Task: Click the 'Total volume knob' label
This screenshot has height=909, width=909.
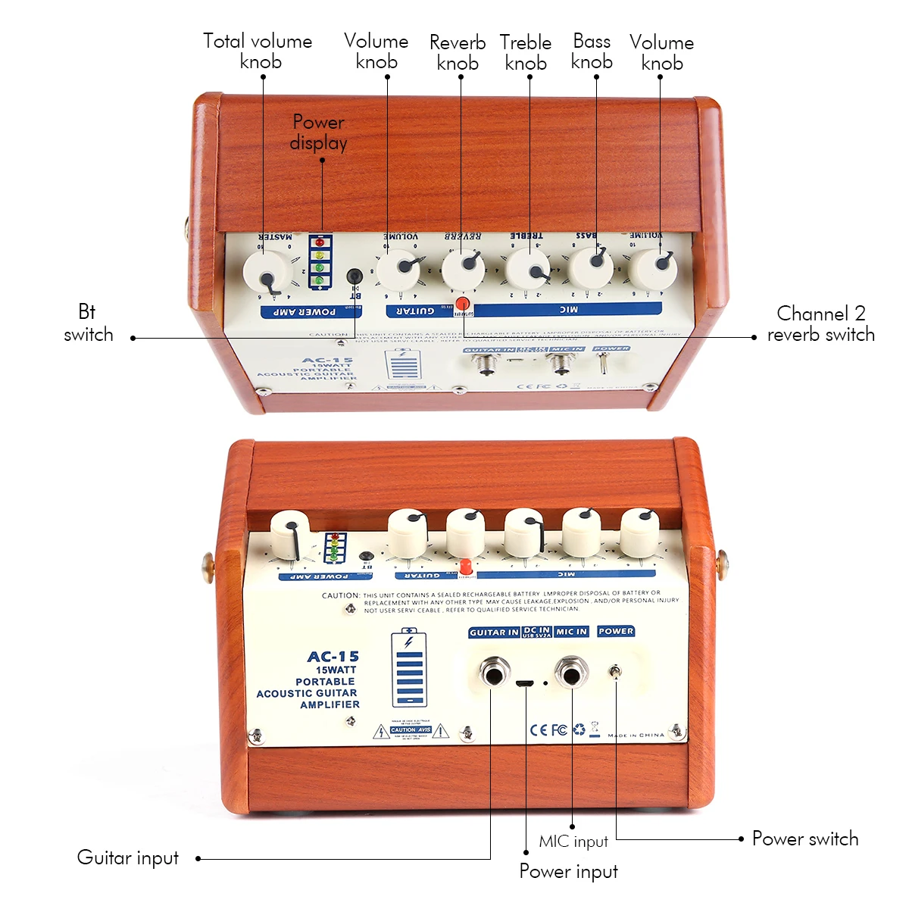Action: click(258, 52)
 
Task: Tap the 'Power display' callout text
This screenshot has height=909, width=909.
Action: click(319, 133)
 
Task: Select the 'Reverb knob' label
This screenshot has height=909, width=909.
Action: click(458, 53)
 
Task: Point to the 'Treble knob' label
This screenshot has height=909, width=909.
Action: click(526, 53)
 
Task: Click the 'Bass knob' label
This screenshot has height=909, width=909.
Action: click(592, 52)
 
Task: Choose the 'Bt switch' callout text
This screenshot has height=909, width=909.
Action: click(88, 323)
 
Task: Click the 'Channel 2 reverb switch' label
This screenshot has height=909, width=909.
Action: click(820, 324)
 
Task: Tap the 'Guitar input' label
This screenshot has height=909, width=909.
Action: click(128, 858)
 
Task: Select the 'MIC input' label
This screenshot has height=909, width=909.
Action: click(573, 842)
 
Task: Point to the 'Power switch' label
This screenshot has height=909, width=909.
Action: click(805, 839)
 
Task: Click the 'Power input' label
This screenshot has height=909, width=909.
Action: click(568, 872)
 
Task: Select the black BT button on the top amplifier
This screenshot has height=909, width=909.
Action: click(354, 276)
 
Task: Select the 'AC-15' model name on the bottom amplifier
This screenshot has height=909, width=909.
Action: click(333, 657)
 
